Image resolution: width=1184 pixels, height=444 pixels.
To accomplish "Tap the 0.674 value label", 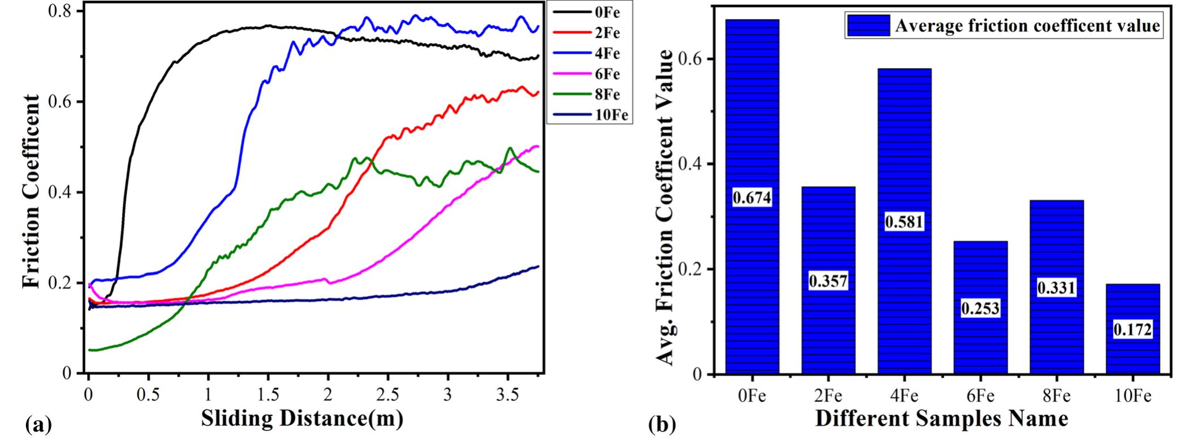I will pos(752,198).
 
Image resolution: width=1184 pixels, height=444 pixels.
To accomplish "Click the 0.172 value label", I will pos(1133,329).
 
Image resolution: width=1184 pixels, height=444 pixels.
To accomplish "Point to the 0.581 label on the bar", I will pos(904,222).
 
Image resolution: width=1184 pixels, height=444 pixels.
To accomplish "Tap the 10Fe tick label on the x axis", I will pos(1132,396).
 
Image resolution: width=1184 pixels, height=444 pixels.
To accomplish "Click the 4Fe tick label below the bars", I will pos(904,396).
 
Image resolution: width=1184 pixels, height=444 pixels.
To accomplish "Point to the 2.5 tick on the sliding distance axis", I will pos(387,394).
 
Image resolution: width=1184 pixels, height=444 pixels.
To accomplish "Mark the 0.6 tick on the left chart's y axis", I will pos(63,102).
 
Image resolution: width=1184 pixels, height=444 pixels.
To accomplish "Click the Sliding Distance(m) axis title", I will pos(302,419).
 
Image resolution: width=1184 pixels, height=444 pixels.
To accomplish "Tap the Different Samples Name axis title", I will pos(942,419).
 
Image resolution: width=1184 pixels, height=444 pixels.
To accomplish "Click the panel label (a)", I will pos(38,424).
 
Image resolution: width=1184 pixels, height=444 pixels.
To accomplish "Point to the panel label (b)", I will pos(662,424).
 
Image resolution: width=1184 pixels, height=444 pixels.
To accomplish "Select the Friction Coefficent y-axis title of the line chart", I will pos(32,192).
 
